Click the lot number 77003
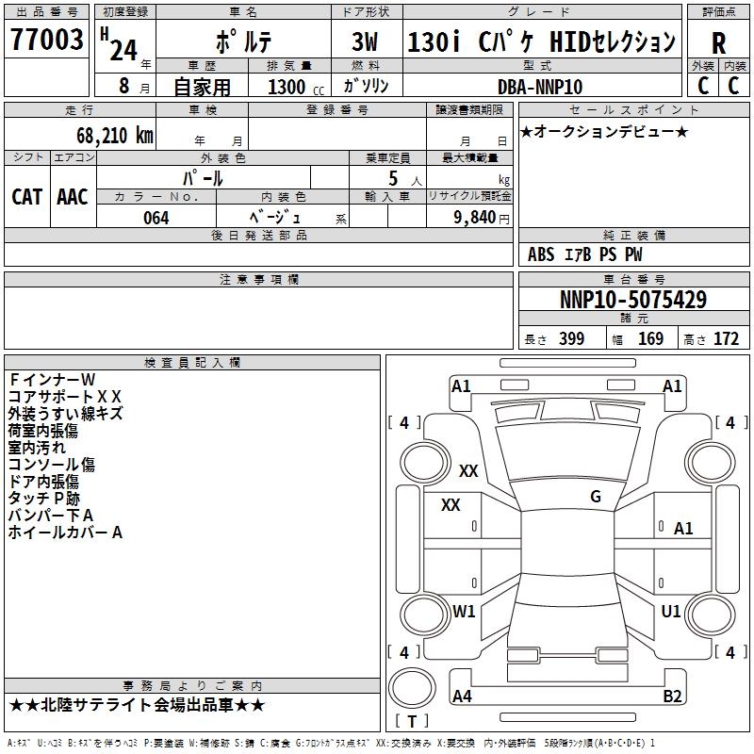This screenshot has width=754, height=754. (x=47, y=41)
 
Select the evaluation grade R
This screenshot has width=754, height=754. (x=718, y=42)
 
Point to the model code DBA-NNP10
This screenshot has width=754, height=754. (x=539, y=87)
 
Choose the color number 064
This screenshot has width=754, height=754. (x=156, y=218)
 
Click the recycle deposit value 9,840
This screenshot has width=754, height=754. (x=467, y=218)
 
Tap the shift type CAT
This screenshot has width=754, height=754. (x=26, y=196)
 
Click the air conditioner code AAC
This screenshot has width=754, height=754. (x=73, y=196)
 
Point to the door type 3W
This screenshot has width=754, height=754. (x=365, y=42)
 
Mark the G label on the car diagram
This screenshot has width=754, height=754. (x=596, y=497)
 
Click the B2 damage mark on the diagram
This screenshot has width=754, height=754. (x=672, y=697)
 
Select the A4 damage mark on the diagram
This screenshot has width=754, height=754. (x=463, y=697)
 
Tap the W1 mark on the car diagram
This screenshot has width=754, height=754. (x=464, y=612)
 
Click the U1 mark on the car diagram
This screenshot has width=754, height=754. (x=671, y=612)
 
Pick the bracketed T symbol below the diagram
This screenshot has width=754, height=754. (x=412, y=722)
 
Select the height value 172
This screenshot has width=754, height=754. (x=726, y=339)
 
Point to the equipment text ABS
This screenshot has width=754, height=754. (x=541, y=254)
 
